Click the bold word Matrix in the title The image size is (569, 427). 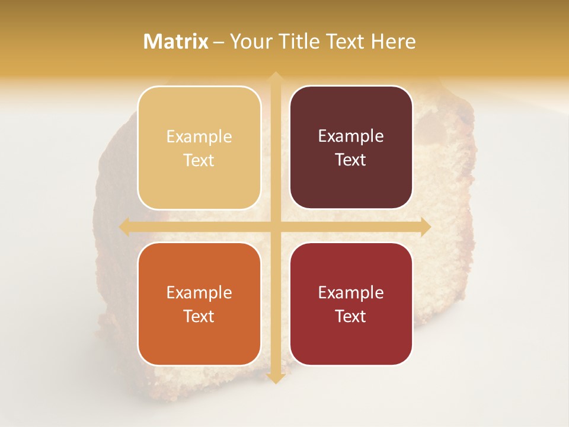(176, 42)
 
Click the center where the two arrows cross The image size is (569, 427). (275, 227)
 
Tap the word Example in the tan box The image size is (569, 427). (199, 137)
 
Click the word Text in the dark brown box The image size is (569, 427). (351, 160)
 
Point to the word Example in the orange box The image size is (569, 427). (199, 293)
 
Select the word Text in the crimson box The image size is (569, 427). (351, 316)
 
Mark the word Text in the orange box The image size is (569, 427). (199, 316)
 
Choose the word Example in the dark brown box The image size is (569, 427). (351, 136)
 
